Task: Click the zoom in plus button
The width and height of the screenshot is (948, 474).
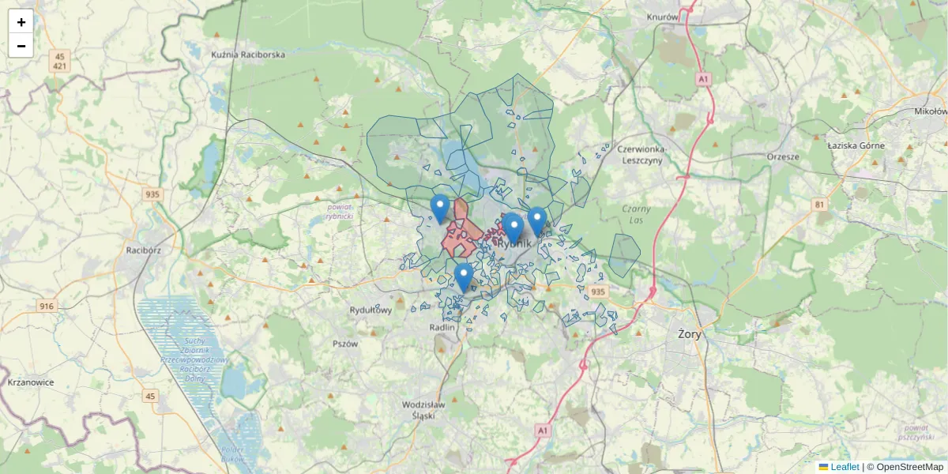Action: point(21,22)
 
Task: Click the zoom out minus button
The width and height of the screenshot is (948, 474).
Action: point(21,46)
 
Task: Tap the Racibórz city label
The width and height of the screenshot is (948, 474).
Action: point(144,250)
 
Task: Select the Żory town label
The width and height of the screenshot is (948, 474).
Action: point(690,334)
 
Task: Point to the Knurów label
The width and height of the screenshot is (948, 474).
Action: point(663,17)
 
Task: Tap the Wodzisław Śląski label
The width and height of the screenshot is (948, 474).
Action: point(424,409)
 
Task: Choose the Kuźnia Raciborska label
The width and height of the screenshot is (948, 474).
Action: point(248,55)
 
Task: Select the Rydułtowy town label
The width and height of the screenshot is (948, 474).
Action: point(371,310)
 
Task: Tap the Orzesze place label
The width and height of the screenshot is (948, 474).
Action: point(783,156)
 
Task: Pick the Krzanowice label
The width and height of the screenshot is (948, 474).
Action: point(30,382)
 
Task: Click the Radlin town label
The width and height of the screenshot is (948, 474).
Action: point(442,327)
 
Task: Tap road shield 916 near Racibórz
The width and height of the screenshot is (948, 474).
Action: point(46,306)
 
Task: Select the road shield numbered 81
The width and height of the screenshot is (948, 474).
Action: point(819,205)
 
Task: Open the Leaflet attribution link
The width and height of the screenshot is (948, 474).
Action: point(845,467)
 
